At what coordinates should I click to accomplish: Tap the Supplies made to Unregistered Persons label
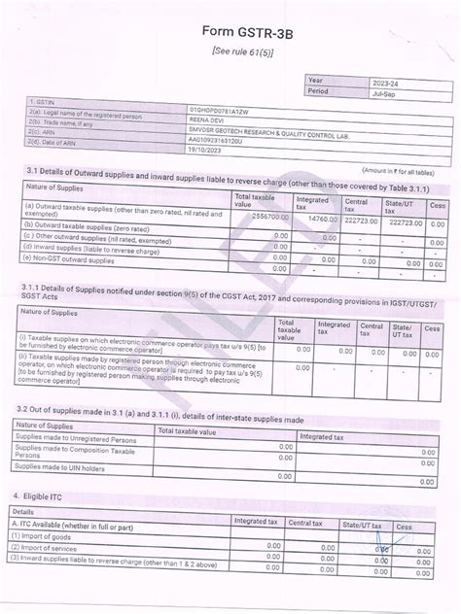(80, 439)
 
